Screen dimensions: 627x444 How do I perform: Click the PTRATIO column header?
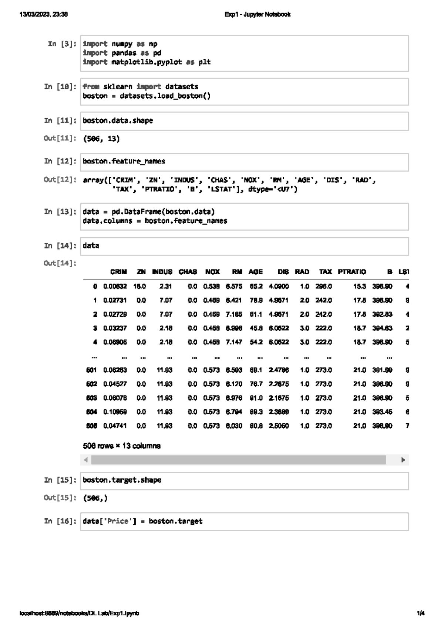(351, 272)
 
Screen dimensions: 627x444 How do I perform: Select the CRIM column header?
(118, 272)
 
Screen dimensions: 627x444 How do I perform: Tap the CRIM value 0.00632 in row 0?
(115, 286)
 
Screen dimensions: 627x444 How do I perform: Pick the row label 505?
(91, 426)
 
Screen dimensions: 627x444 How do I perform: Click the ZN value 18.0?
(139, 286)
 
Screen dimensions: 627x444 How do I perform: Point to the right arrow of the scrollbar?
(403, 460)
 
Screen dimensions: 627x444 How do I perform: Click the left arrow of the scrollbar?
(86, 460)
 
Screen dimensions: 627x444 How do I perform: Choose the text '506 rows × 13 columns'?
(122, 446)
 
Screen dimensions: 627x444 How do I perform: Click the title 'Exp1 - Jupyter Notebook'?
(257, 14)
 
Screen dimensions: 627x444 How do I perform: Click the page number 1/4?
(421, 613)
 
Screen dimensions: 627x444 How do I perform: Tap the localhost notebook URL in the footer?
(80, 613)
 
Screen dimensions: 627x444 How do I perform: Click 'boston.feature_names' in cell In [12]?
(124, 161)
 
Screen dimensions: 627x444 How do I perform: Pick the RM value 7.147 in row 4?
(234, 342)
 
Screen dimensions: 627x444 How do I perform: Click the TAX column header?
(325, 272)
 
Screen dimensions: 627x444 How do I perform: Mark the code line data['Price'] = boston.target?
(142, 521)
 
